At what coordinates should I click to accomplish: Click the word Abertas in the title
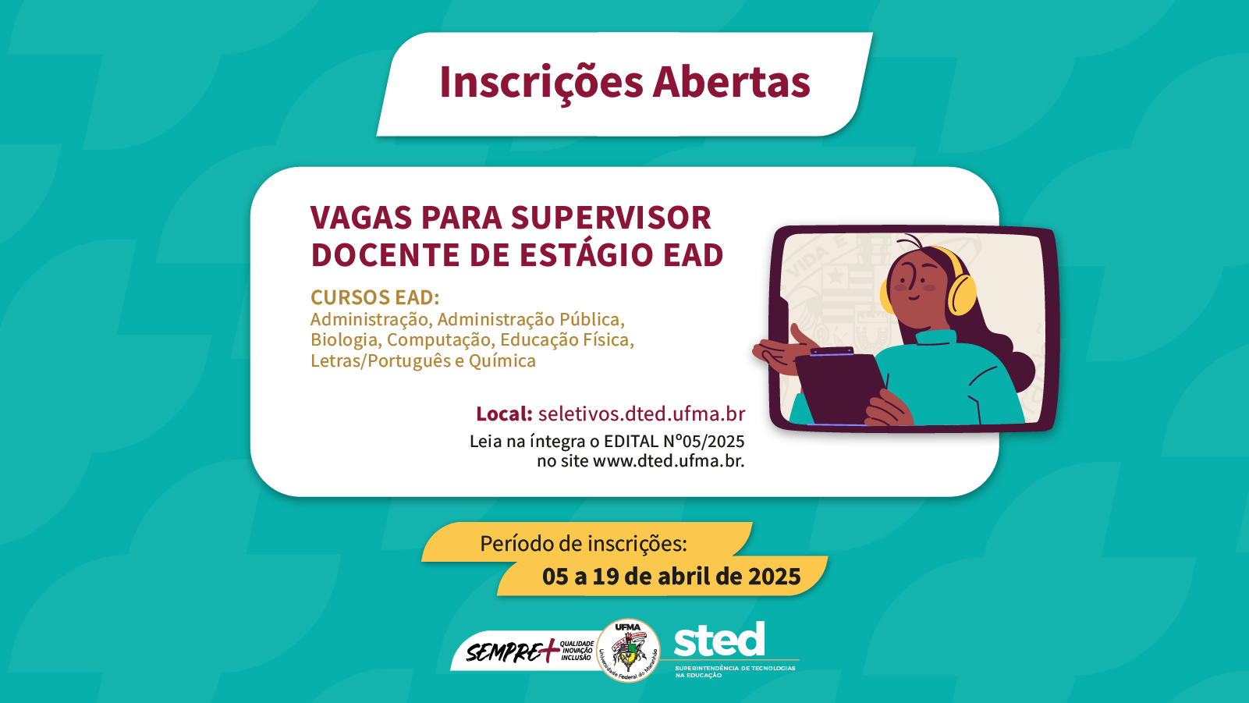pyautogui.click(x=732, y=82)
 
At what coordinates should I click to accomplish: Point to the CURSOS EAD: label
pyautogui.click(x=374, y=297)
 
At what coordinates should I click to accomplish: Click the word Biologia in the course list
pyautogui.click(x=343, y=340)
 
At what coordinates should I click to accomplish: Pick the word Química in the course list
pyautogui.click(x=502, y=360)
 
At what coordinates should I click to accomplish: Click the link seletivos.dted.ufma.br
pyautogui.click(x=641, y=414)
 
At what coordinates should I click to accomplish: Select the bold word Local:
pyautogui.click(x=504, y=414)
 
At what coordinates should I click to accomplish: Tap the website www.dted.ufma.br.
pyautogui.click(x=669, y=460)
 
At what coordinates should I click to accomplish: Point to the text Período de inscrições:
pyautogui.click(x=584, y=543)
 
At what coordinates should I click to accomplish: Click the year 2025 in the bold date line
pyautogui.click(x=774, y=577)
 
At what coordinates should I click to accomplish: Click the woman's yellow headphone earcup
pyautogui.click(x=962, y=295)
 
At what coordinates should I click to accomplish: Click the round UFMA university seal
pyautogui.click(x=628, y=650)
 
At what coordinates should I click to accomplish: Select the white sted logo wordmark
pyautogui.click(x=719, y=641)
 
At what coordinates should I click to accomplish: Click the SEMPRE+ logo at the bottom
pyautogui.click(x=512, y=652)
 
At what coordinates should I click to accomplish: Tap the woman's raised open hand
pyautogui.click(x=784, y=351)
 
